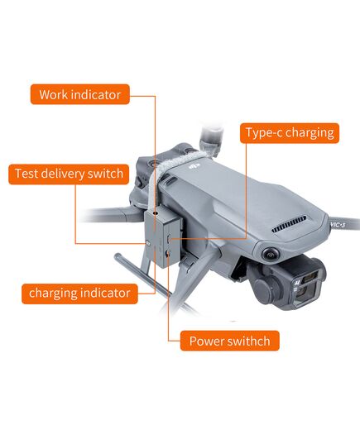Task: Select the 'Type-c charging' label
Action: (289, 133)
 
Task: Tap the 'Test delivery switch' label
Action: (69, 174)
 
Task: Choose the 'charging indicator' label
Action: (79, 293)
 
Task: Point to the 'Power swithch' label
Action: (229, 341)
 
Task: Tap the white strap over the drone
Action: (180, 162)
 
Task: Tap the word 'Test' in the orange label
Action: (27, 174)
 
